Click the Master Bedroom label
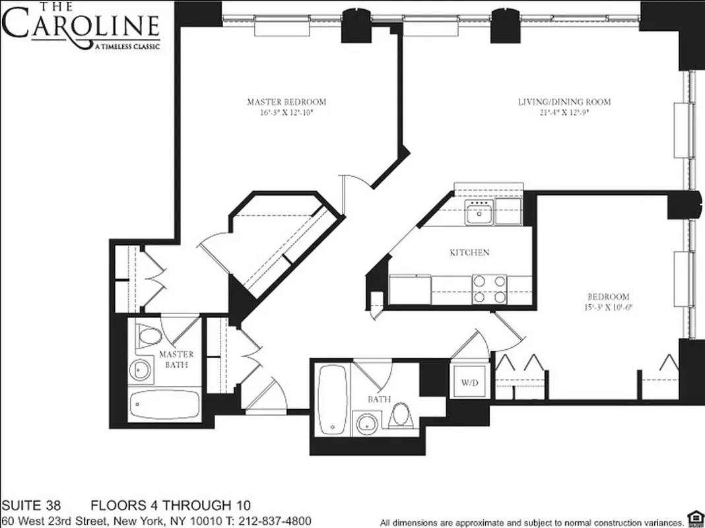tap(286, 102)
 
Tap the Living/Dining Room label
tap(564, 102)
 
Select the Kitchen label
tap(469, 253)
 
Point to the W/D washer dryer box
tap(469, 382)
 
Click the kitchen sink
tap(479, 214)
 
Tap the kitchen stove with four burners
tap(489, 289)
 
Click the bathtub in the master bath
tap(164, 403)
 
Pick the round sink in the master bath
tap(141, 370)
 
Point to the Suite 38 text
tap(31, 506)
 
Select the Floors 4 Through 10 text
tap(170, 506)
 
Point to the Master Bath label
tap(176, 359)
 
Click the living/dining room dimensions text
tap(564, 112)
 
